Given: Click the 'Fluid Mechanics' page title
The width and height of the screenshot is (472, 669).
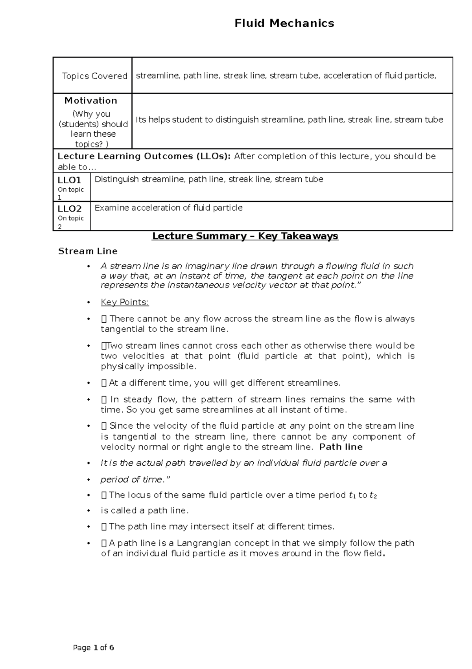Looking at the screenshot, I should tap(284, 23).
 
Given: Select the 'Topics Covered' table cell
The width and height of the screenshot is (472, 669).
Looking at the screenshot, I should tap(94, 76).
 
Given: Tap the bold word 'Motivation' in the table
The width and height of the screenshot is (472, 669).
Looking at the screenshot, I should tap(91, 100).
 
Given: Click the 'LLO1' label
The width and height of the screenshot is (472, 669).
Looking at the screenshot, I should tap(69, 180).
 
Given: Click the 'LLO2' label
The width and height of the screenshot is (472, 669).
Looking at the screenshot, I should tap(69, 209).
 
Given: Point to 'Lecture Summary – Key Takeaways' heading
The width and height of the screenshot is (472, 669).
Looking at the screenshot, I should tap(245, 236).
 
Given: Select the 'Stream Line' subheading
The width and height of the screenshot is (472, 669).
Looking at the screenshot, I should tap(88, 251).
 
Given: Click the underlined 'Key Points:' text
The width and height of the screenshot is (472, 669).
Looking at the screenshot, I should tap(125, 302).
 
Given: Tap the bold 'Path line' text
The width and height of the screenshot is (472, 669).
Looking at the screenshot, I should tap(341, 447).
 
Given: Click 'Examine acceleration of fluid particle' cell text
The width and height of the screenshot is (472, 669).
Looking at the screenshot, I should tap(168, 208).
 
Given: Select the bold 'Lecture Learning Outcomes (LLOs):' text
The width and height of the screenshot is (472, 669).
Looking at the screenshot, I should tap(144, 156).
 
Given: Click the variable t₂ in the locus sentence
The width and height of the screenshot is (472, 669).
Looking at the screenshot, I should tap(373, 495).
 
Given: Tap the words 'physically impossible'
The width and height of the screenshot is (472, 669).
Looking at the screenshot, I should tap(148, 366).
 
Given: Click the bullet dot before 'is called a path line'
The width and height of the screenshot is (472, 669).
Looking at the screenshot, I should tap(91, 511).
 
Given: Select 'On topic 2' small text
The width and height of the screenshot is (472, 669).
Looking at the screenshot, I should tap(70, 222).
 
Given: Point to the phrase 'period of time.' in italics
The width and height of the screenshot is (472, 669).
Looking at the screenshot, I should tap(132, 479).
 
